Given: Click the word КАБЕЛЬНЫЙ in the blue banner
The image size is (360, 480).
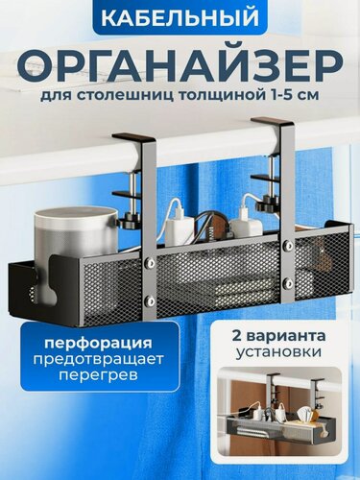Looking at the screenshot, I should click(180, 18).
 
